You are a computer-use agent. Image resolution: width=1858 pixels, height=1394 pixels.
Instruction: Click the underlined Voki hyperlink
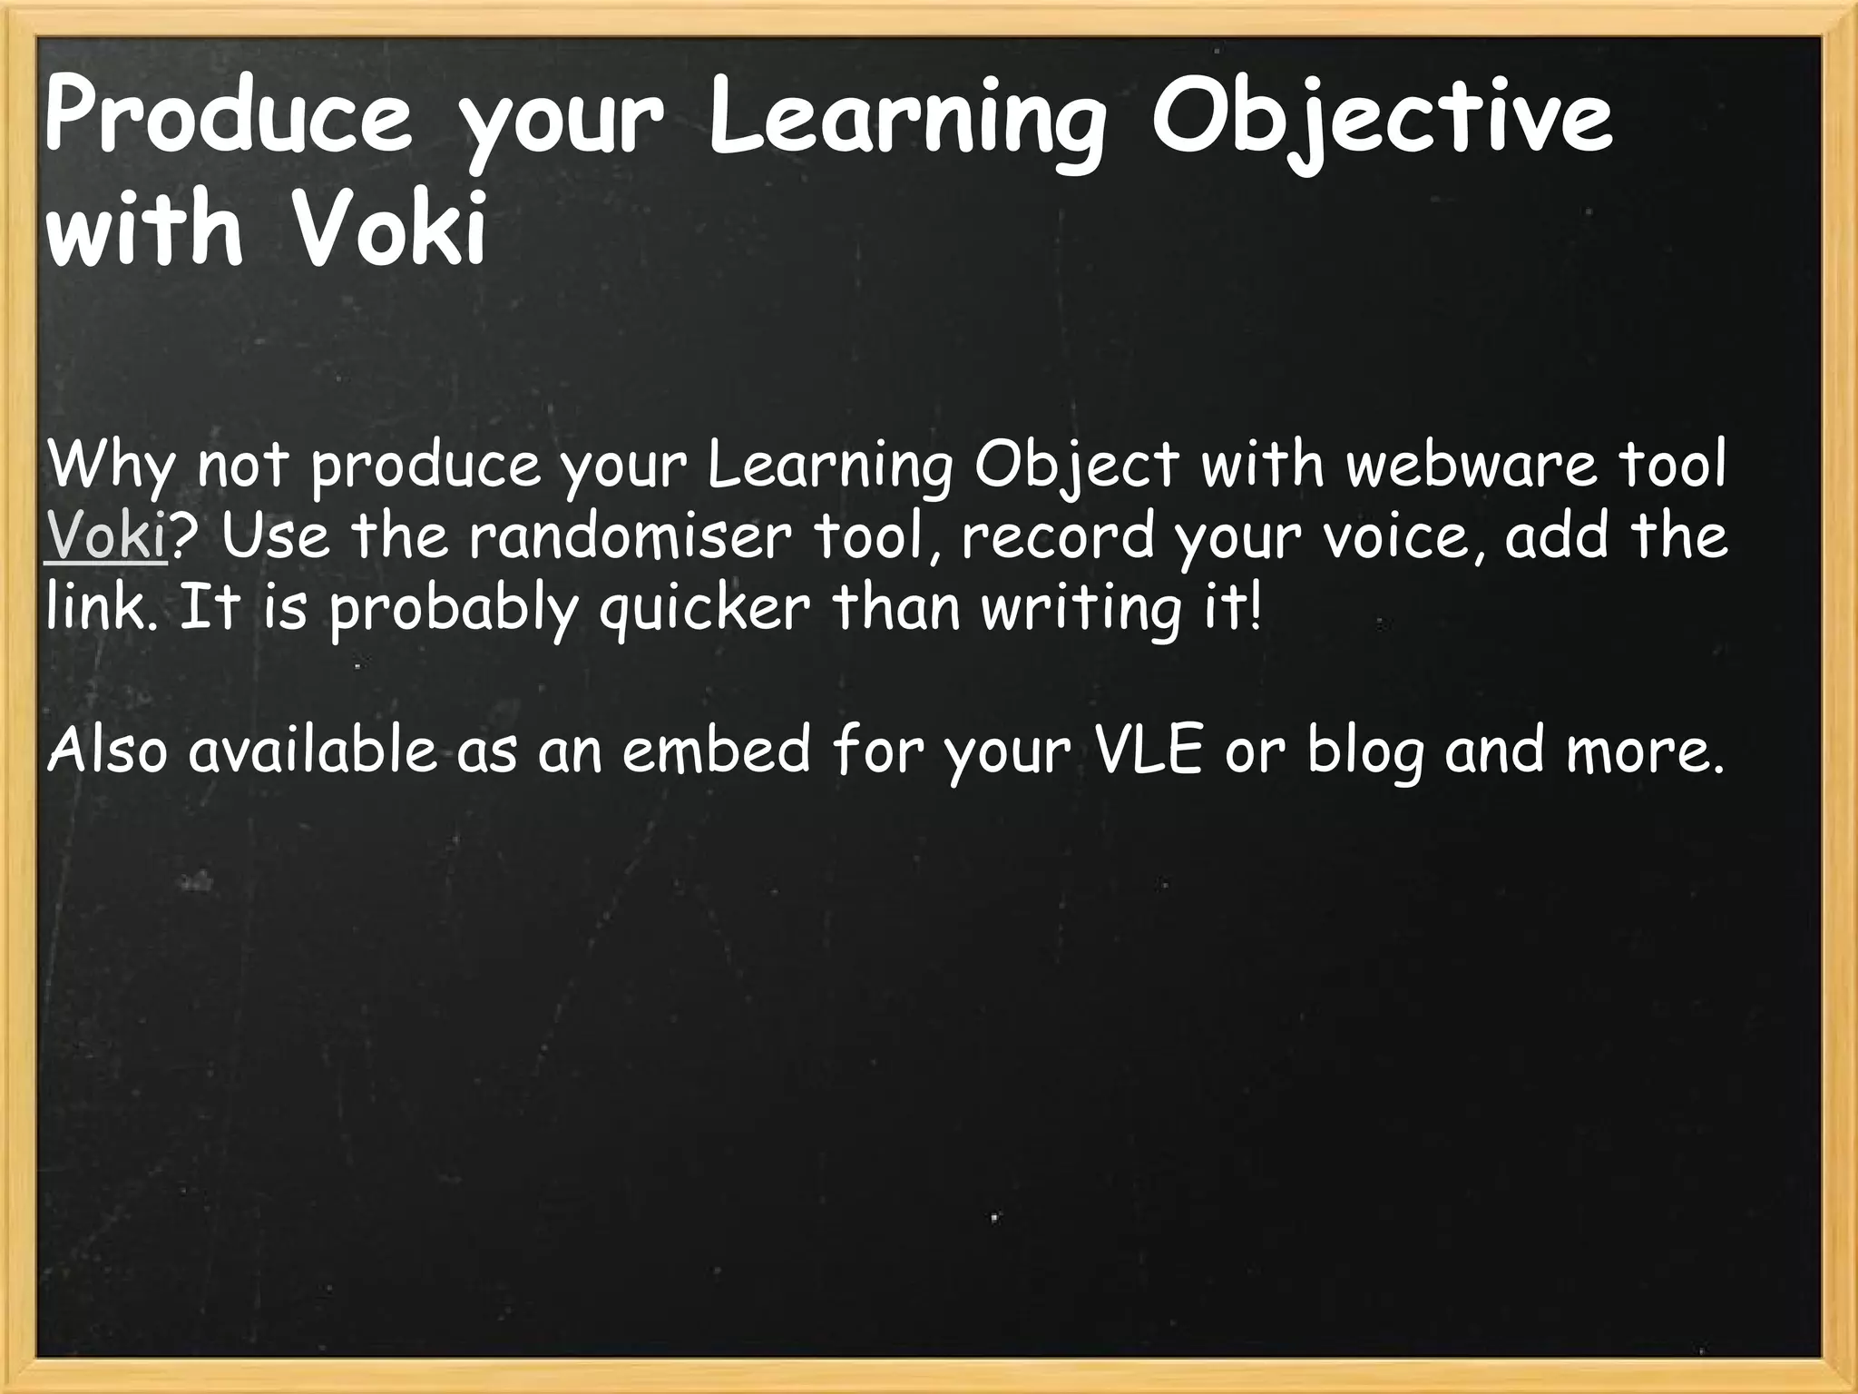[106, 536]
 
